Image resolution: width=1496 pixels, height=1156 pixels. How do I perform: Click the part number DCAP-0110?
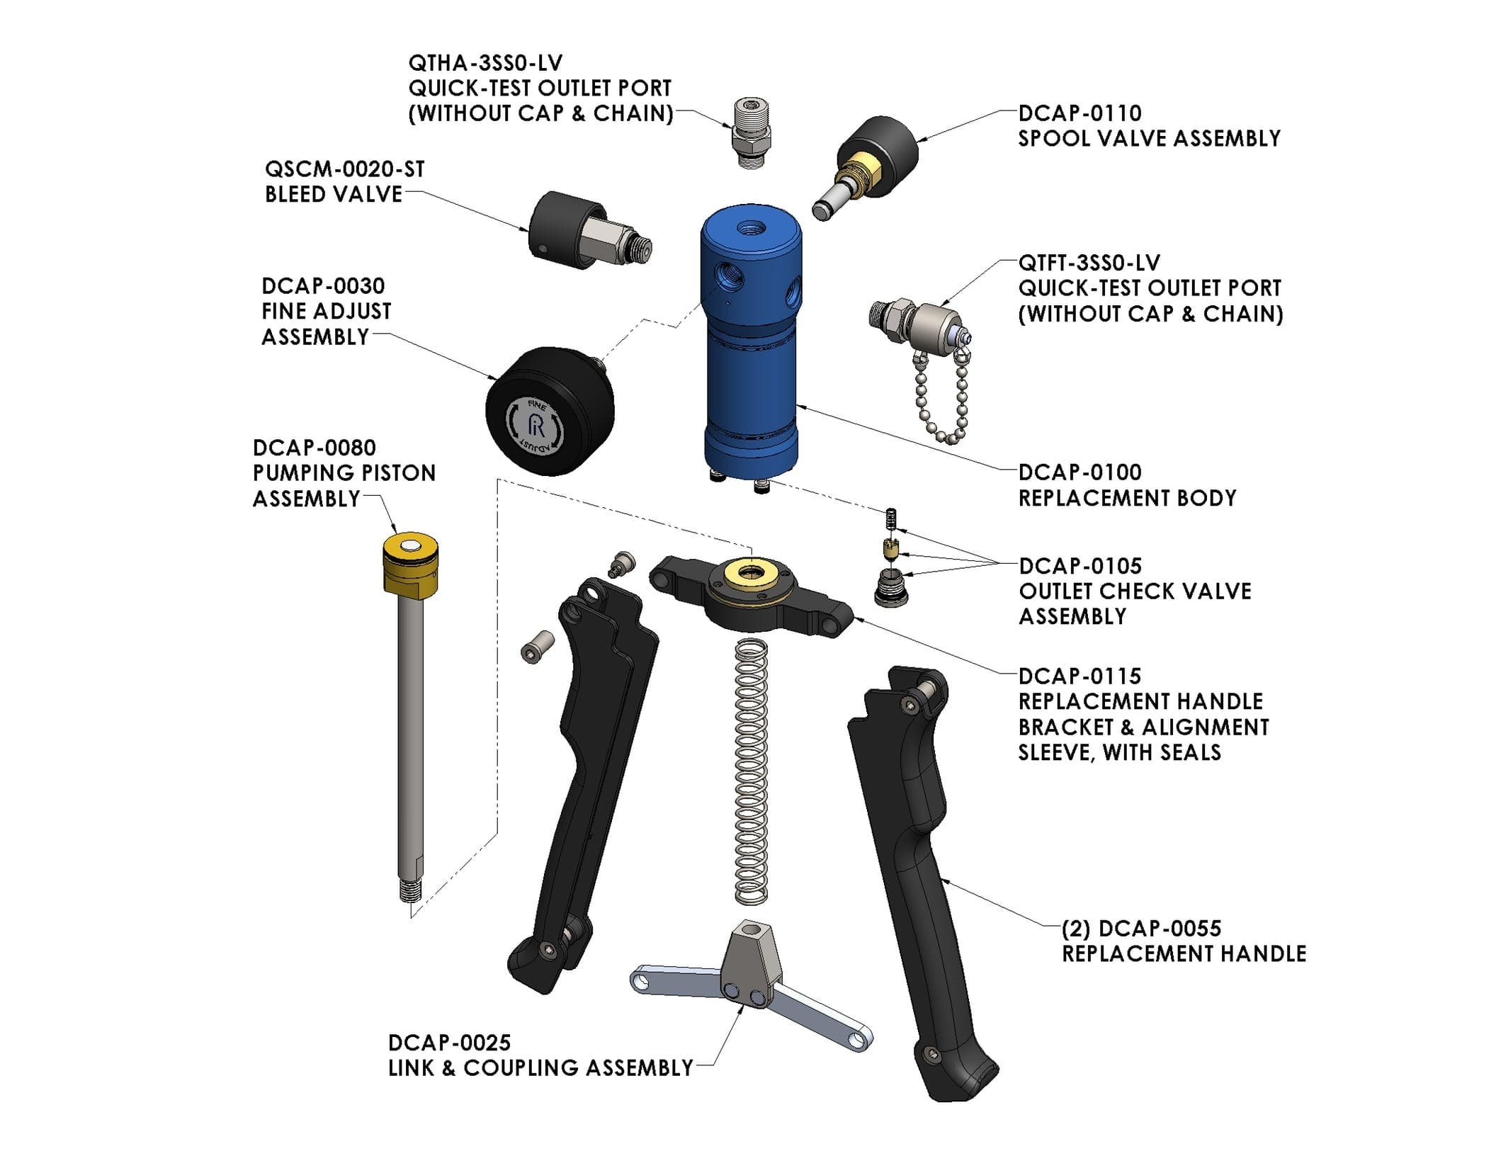1079,113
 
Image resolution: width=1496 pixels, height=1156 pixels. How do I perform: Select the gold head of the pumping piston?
410,565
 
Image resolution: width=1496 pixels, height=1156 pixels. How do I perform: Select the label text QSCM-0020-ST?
344,169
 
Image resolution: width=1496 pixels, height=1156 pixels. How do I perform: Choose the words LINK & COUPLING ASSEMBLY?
540,1068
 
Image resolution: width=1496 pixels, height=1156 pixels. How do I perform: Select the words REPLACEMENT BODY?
1127,498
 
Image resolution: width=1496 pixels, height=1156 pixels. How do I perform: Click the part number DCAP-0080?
314,448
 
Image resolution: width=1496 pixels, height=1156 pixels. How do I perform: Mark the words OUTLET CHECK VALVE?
1135,591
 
